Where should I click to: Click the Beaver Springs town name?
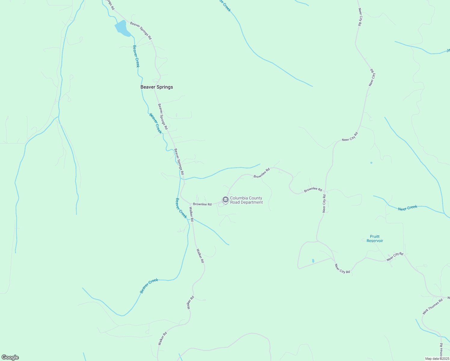pos(157,87)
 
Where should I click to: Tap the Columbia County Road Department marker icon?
pos(225,200)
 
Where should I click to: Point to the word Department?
pos(252,202)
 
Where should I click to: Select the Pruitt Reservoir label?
pos(375,239)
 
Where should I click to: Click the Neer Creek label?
pos(408,208)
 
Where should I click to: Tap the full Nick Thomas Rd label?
pos(433,307)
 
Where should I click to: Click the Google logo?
pos(10,357)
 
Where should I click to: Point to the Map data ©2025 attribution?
pos(437,359)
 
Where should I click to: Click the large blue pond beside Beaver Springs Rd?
pos(122,28)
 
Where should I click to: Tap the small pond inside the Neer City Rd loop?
pos(313,261)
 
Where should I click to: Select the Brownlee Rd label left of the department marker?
pos(202,204)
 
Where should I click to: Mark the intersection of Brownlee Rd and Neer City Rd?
pos(325,190)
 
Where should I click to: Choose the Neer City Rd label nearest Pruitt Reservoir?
pos(395,256)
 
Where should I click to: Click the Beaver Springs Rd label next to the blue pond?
pos(141,31)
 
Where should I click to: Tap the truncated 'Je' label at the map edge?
pos(448,50)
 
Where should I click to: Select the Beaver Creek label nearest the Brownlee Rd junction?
pos(181,208)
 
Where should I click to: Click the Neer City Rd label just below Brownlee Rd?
pos(324,204)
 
